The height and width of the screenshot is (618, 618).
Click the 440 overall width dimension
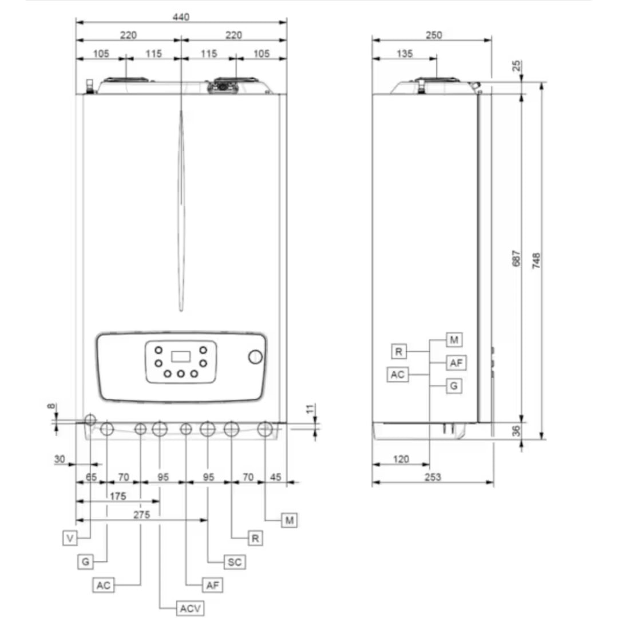(x=181, y=17)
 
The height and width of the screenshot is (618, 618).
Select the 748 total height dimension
(x=536, y=261)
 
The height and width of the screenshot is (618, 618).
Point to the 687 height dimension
(x=516, y=258)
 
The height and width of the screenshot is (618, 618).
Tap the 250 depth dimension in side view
(x=434, y=35)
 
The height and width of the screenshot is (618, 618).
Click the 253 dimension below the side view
(x=433, y=477)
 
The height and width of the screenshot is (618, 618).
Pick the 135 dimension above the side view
(x=405, y=54)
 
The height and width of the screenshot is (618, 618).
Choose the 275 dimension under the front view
(x=141, y=515)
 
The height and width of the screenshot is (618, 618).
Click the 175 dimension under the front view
(x=118, y=496)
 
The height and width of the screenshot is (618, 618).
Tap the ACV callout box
(x=190, y=608)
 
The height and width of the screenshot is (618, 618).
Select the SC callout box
(x=235, y=562)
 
